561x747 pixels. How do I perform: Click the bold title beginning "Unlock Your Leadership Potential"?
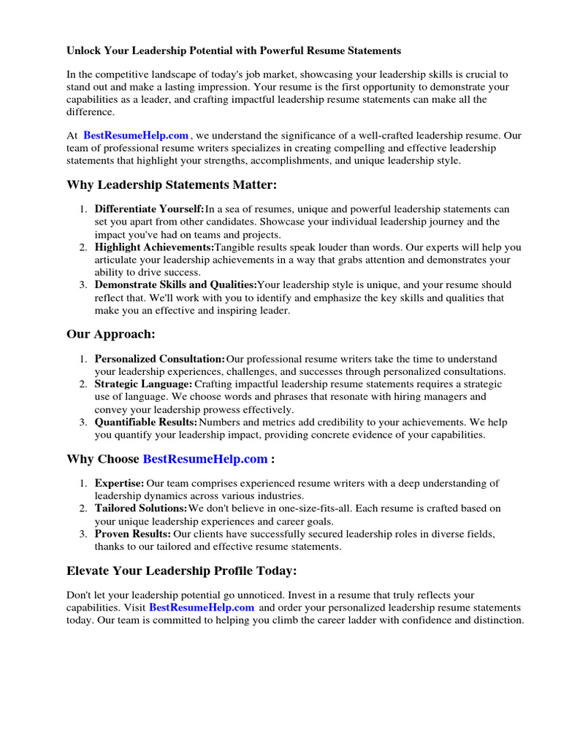tap(234, 51)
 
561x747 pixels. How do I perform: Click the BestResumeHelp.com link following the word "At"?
tap(136, 136)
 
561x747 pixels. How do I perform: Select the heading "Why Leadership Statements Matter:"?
tap(172, 185)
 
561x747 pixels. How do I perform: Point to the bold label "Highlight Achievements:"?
tap(154, 247)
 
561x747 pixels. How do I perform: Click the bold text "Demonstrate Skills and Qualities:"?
tap(176, 285)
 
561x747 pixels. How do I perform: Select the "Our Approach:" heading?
tap(111, 334)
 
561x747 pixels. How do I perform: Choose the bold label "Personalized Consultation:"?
tap(160, 359)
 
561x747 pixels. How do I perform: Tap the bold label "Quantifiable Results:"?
tap(146, 422)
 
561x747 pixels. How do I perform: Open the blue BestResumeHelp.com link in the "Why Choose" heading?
tap(205, 459)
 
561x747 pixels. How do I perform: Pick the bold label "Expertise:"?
tap(120, 483)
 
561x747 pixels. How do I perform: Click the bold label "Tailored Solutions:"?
tap(141, 508)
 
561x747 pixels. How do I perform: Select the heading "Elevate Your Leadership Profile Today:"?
tap(182, 570)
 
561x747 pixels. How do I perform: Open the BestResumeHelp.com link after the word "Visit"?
tap(202, 608)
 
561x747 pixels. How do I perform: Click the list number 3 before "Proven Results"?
tap(83, 534)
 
